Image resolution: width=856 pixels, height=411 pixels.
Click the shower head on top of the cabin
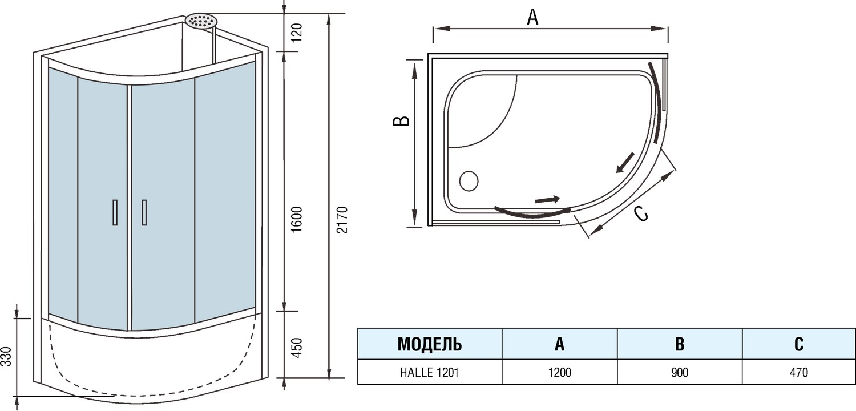(201, 21)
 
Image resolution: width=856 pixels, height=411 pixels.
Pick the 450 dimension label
(296, 346)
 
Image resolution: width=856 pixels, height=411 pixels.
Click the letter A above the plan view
(532, 18)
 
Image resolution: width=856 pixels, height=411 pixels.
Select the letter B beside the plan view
(403, 120)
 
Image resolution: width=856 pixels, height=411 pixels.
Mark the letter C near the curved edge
(641, 213)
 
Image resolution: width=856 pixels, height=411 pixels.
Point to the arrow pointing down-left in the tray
(625, 162)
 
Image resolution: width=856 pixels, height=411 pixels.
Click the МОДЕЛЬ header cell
(429, 344)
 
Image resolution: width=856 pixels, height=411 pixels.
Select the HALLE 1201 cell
(429, 372)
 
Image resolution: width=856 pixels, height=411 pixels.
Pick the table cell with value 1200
(559, 372)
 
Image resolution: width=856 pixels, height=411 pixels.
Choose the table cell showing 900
(679, 372)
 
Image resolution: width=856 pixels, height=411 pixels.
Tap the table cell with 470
(798, 372)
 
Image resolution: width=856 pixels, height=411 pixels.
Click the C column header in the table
(798, 344)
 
